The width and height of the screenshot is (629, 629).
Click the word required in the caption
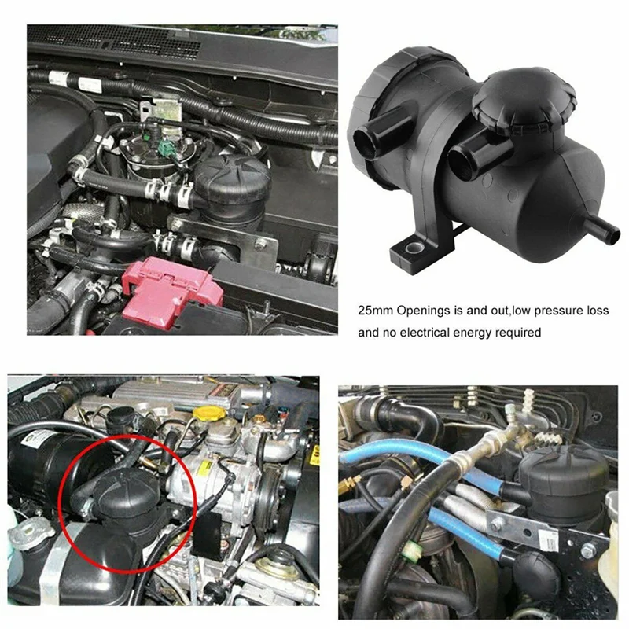click(519, 333)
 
